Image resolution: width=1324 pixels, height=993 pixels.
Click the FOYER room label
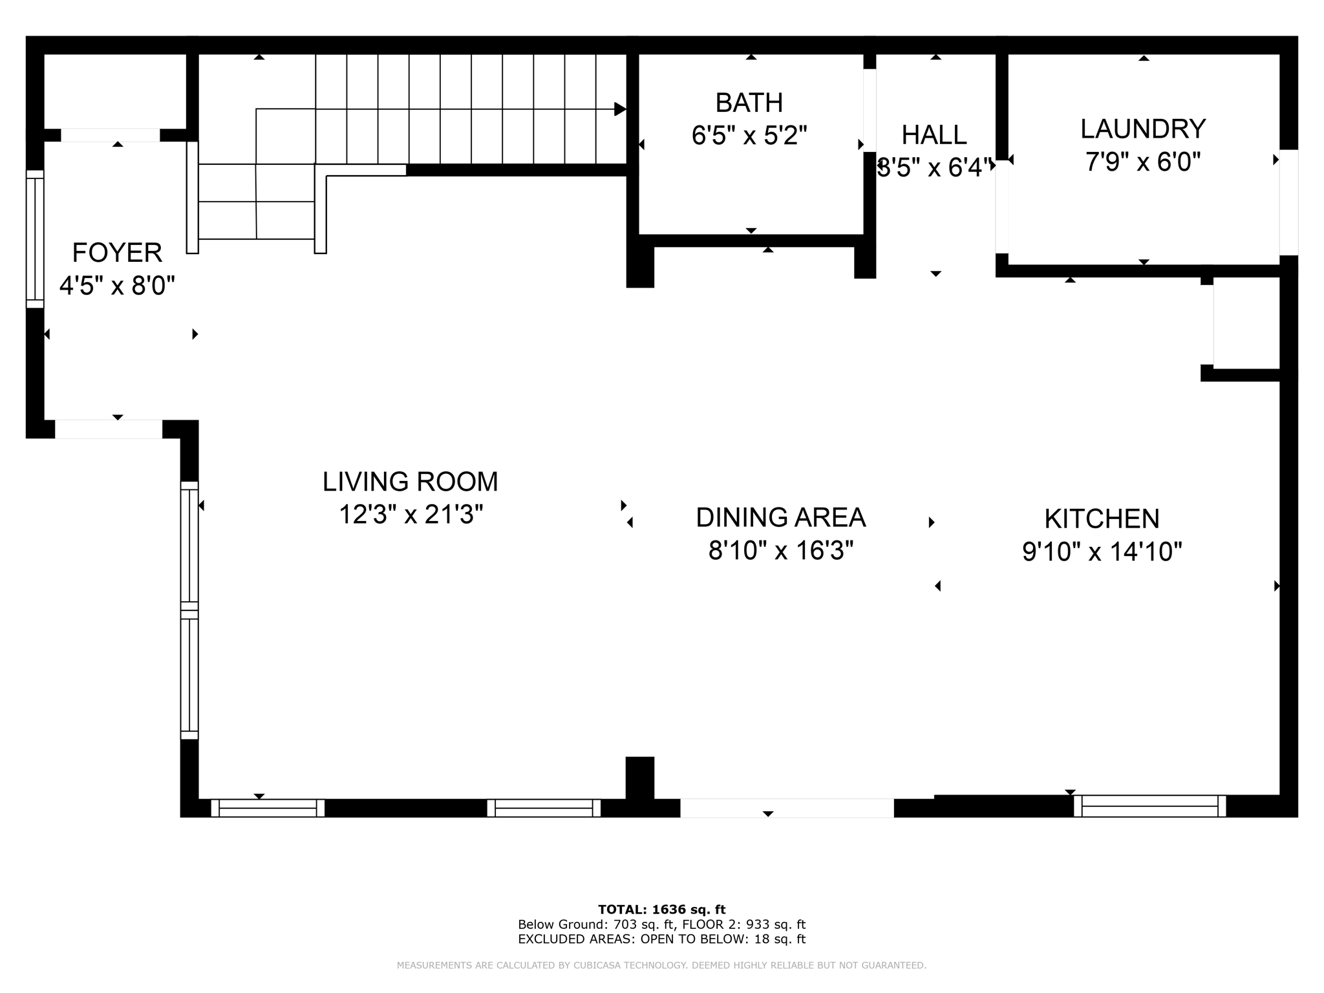click(117, 253)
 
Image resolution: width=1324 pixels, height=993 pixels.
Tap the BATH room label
click(749, 103)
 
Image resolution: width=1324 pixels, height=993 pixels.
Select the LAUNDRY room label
click(1143, 129)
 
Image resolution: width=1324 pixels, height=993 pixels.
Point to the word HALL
click(934, 135)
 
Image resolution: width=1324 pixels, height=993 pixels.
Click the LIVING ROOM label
click(411, 482)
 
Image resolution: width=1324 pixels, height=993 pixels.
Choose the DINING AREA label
click(781, 517)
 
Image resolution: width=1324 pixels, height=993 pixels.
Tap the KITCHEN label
click(1102, 519)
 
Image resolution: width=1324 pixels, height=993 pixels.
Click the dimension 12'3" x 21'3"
click(411, 515)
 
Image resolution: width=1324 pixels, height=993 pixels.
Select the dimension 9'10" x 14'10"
click(1102, 552)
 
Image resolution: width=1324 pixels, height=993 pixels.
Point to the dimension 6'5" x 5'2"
click(749, 136)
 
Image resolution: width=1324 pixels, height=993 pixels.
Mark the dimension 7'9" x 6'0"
click(1143, 162)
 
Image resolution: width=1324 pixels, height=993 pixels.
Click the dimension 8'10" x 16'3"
click(781, 551)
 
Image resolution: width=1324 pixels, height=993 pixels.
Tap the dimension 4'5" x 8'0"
click(117, 286)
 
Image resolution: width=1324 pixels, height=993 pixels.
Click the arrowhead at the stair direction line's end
click(620, 109)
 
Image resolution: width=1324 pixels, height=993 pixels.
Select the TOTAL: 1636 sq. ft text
click(662, 910)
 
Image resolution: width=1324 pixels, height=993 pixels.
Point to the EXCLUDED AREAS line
click(662, 939)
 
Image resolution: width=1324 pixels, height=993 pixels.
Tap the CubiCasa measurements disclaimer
click(661, 965)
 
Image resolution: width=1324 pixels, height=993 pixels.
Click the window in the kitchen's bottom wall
click(1149, 806)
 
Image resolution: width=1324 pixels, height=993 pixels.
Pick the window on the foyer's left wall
click(35, 239)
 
